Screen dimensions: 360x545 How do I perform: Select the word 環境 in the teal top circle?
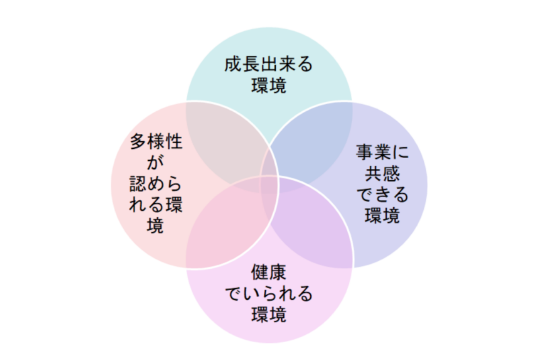click(268, 86)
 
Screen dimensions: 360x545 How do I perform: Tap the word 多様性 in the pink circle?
click(156, 142)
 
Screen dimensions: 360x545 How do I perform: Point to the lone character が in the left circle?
click(156, 163)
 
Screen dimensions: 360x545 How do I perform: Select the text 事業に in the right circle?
click(382, 153)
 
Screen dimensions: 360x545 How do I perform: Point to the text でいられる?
click(268, 294)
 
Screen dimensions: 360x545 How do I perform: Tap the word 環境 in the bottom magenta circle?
click(268, 315)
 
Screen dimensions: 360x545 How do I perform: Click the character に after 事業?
click(400, 153)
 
